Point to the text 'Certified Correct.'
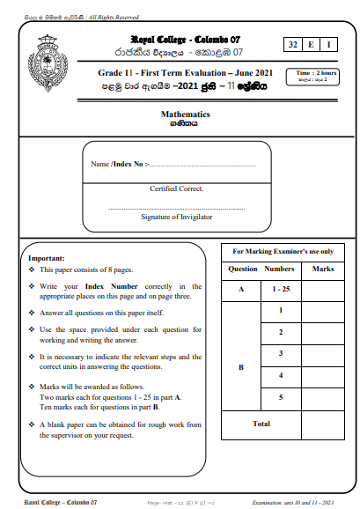coord(177,188)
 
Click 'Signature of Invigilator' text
coord(177,216)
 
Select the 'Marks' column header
coord(323,268)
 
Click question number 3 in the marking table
coord(280,353)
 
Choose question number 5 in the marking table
coord(280,397)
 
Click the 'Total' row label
coord(261,424)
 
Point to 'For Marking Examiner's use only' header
coord(283,251)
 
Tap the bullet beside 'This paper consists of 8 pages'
coord(32,270)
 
